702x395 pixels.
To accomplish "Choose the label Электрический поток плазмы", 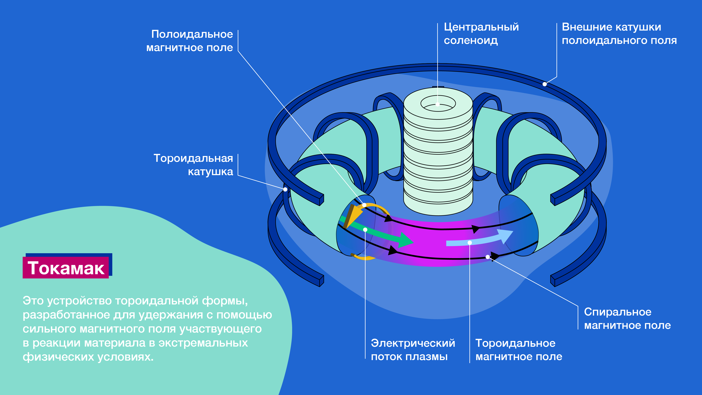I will point(413,350).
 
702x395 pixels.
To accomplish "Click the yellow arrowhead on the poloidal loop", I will point(353,215).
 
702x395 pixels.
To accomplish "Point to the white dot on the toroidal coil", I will point(285,189).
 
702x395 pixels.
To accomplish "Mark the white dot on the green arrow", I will point(365,230).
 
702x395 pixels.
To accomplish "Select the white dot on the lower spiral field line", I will point(488,257).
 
